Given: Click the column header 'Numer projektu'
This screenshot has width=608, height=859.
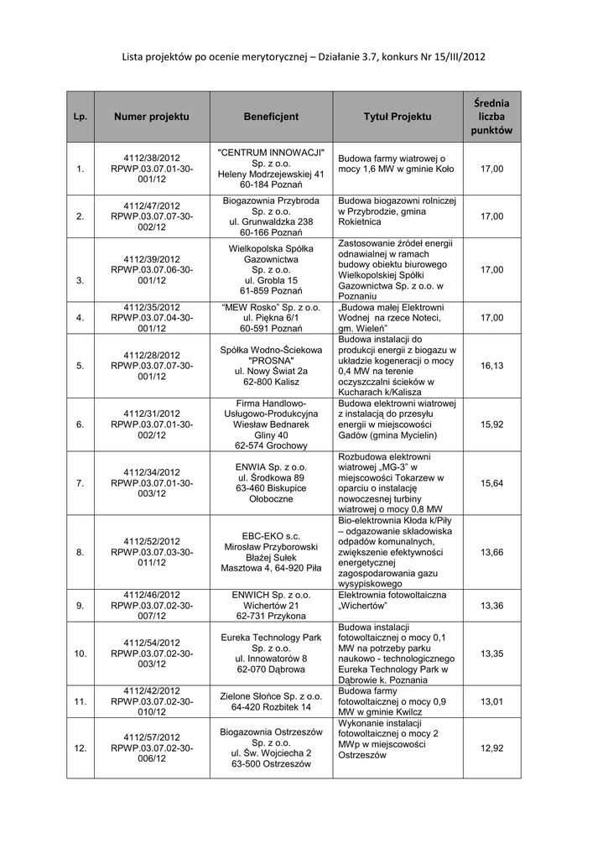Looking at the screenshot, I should click(x=152, y=117).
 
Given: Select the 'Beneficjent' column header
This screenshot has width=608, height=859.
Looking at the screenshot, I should click(x=271, y=117).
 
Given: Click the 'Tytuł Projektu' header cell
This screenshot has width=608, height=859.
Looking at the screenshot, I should click(x=398, y=117).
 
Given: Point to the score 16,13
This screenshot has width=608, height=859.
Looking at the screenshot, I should click(x=491, y=366).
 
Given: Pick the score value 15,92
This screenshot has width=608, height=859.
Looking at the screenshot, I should click(x=491, y=424).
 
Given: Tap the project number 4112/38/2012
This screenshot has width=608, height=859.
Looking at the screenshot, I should click(x=152, y=157).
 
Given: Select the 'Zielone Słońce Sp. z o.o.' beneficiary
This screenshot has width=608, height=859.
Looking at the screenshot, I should click(x=271, y=695).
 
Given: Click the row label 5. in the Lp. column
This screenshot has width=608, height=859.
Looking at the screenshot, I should click(x=81, y=367).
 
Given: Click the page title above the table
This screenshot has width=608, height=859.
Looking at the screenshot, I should click(x=304, y=56).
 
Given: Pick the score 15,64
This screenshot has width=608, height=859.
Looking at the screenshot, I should click(x=491, y=483).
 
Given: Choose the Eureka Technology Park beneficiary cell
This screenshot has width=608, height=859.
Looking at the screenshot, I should click(x=271, y=648).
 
